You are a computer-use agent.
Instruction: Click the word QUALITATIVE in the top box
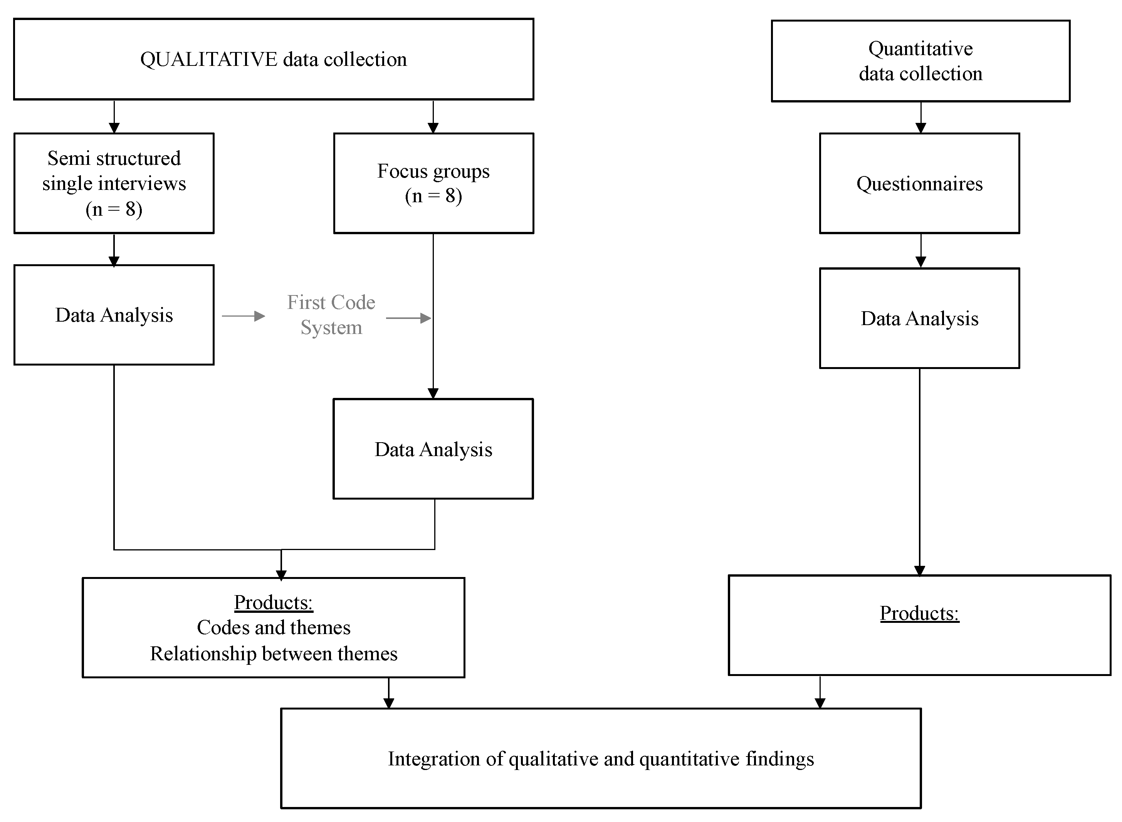click(208, 60)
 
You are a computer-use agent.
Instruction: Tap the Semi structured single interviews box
click(114, 183)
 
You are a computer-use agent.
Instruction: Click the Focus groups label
click(433, 171)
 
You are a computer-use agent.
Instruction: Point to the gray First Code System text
click(331, 314)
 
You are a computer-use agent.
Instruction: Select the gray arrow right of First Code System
click(408, 318)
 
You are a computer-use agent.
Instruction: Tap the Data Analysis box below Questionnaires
click(919, 319)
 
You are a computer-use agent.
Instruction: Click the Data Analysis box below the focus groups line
click(433, 449)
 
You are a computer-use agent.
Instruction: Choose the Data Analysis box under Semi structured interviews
click(114, 315)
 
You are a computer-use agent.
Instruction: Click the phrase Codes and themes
click(273, 627)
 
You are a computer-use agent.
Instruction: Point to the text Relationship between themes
click(273, 653)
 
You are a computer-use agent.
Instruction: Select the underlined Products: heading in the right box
click(919, 613)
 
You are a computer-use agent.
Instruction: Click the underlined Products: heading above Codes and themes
click(273, 602)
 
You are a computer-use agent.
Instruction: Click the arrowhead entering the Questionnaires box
click(920, 128)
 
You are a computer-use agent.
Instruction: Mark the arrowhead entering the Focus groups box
click(433, 128)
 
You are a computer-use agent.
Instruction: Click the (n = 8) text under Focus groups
click(433, 196)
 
